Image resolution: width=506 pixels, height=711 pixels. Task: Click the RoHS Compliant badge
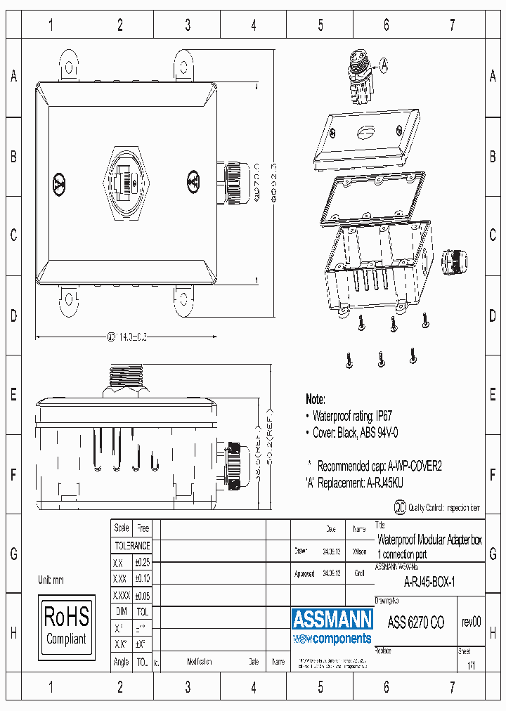[x=66, y=627]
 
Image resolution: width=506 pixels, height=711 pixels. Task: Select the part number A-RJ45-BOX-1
[x=429, y=582]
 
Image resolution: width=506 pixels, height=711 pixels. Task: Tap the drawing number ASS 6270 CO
[x=416, y=622]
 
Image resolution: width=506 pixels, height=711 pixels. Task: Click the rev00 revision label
[x=471, y=622]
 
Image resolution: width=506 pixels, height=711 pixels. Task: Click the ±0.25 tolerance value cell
[x=143, y=563]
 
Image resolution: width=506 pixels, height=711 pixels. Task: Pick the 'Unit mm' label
[x=51, y=580]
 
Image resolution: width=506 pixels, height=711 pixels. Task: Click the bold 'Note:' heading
[x=316, y=399]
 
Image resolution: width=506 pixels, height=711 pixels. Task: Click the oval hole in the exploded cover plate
[x=366, y=131]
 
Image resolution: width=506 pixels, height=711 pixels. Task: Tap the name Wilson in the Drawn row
[x=359, y=552]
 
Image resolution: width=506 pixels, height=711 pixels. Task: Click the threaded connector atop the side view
[x=127, y=378]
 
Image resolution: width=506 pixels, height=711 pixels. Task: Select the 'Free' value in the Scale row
[x=143, y=528]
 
